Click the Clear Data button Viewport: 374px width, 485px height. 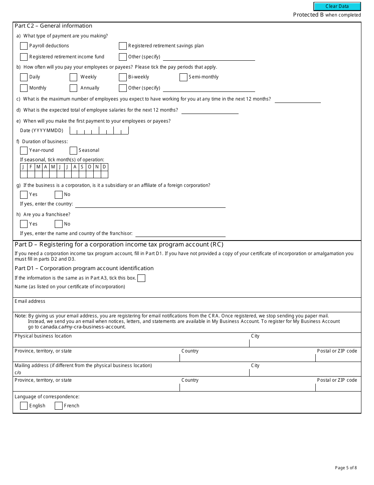click(x=337, y=6)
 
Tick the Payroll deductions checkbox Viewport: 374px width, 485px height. click(x=24, y=46)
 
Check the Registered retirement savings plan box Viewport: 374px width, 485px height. click(x=123, y=46)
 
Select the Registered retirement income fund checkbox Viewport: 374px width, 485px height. click(x=24, y=57)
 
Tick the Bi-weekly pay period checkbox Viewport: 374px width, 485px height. click(x=123, y=77)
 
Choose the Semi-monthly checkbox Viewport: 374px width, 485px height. click(x=183, y=77)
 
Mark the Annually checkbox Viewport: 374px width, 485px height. click(x=73, y=88)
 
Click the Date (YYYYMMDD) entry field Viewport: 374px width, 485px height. click(x=99, y=131)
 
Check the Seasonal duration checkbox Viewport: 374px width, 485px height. click(x=73, y=150)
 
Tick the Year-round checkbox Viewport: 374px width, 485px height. click(x=24, y=150)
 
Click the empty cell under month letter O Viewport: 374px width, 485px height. click(x=89, y=174)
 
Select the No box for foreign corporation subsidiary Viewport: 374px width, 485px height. click(x=59, y=194)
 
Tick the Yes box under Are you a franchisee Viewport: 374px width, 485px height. click(x=24, y=224)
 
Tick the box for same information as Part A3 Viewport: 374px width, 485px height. click(x=141, y=278)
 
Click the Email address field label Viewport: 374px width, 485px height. click(x=30, y=301)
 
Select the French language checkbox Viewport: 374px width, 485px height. click(x=59, y=406)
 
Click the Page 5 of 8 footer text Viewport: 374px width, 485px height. click(x=346, y=468)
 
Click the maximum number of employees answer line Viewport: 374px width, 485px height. click(x=298, y=99)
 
